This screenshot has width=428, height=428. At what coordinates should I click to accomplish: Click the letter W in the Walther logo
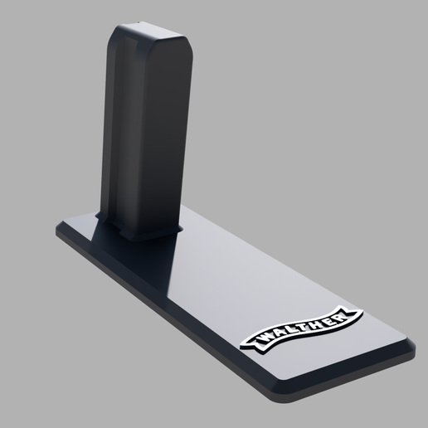264,338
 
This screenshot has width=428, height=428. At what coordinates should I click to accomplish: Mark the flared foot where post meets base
141,234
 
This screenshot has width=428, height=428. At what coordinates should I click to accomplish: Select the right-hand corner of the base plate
412,343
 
